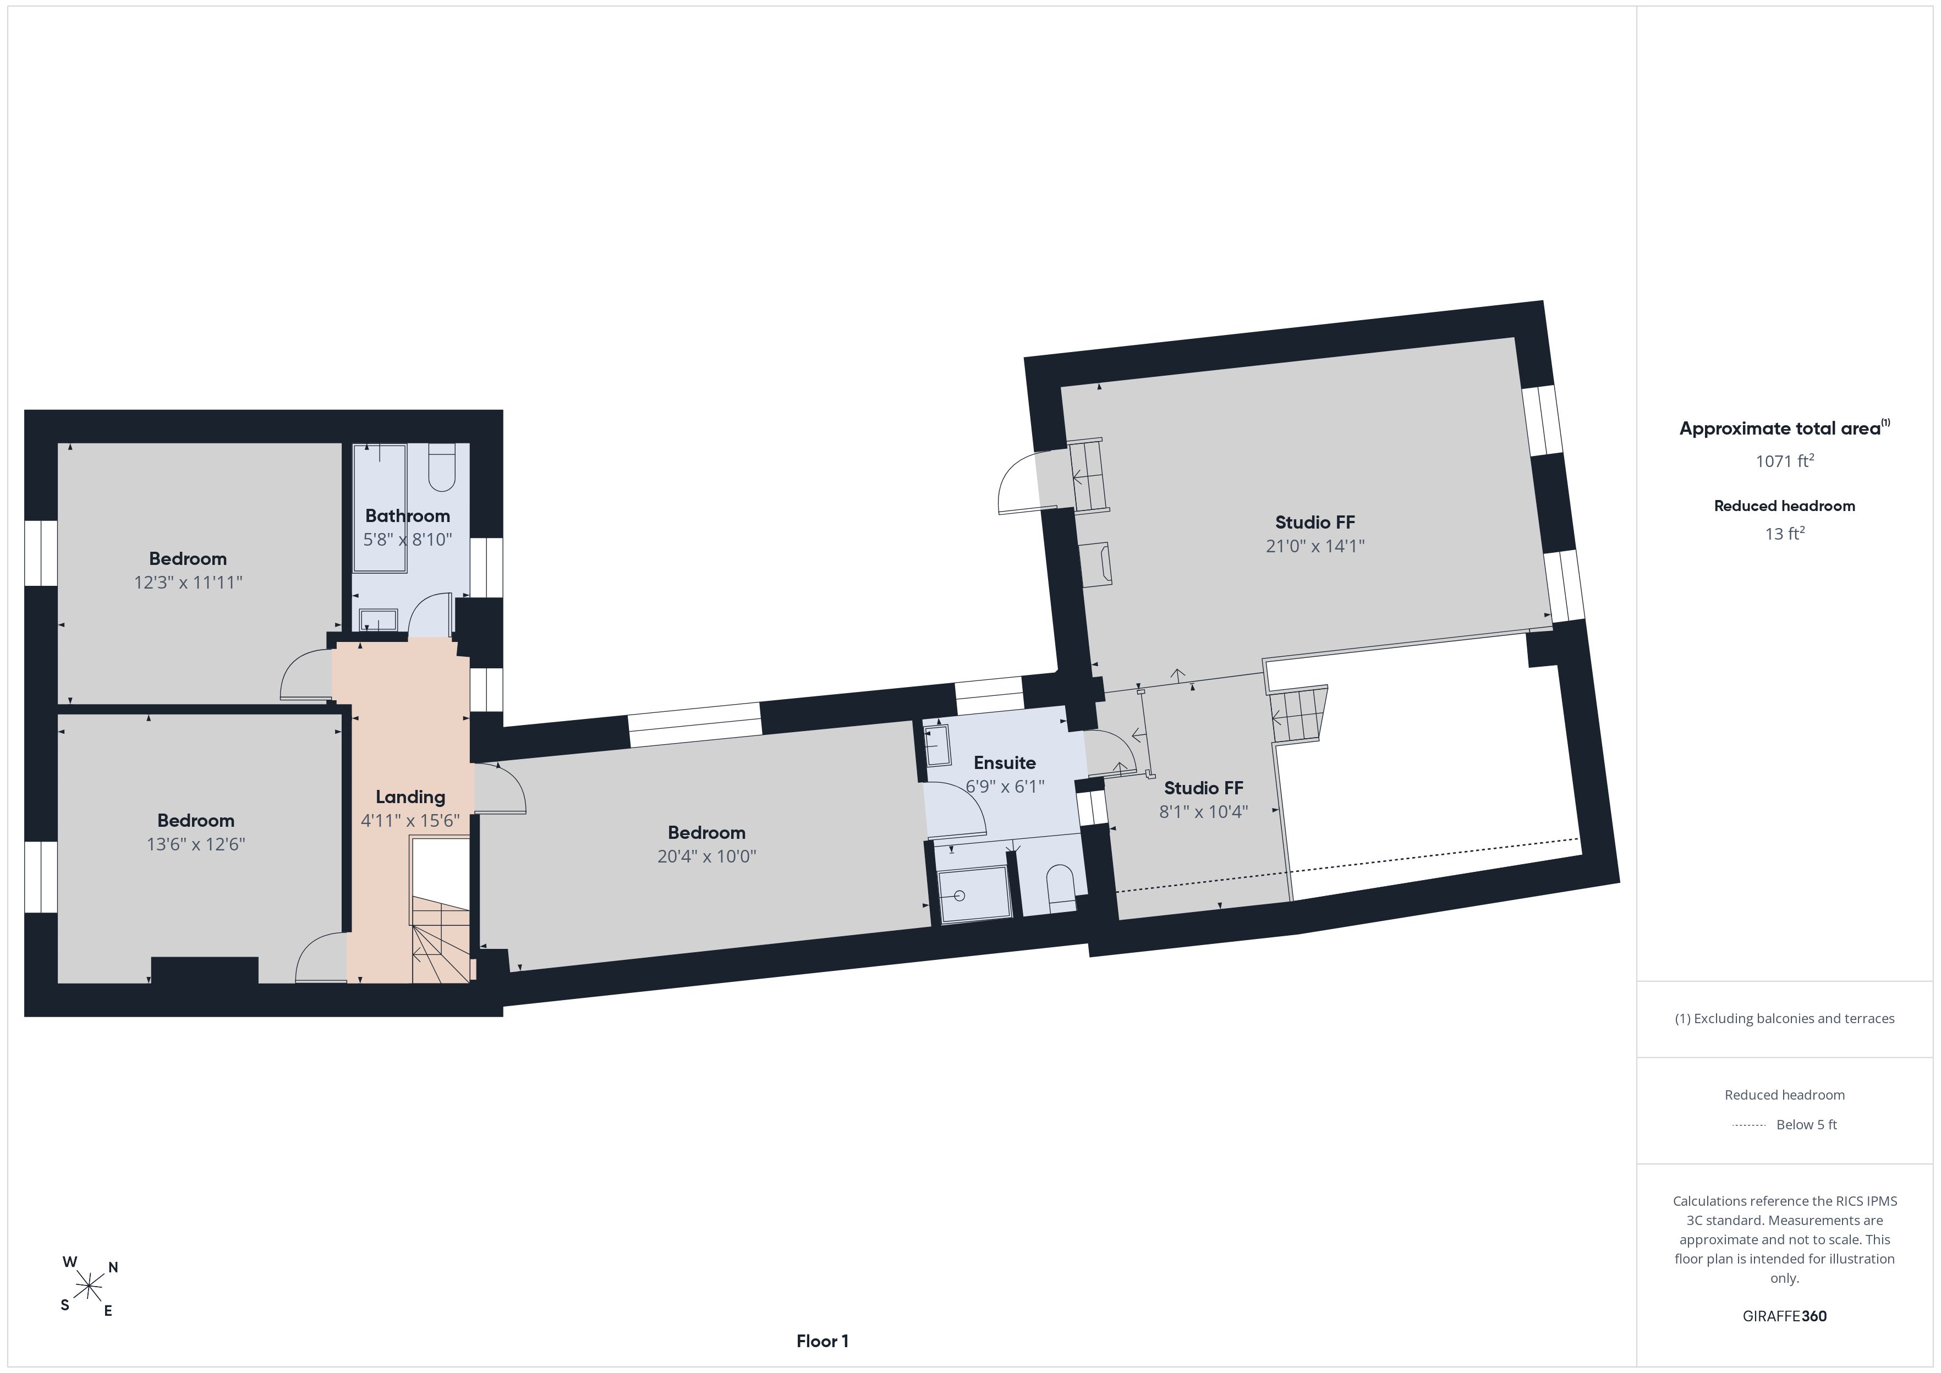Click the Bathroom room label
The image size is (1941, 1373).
click(408, 516)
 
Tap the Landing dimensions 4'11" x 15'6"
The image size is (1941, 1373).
click(410, 820)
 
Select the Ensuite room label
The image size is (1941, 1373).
click(1004, 762)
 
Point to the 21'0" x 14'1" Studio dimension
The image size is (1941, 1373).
click(1314, 546)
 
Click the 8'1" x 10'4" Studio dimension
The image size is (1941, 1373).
click(1203, 811)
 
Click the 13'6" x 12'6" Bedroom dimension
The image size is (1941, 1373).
click(196, 844)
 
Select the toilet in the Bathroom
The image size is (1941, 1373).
click(442, 468)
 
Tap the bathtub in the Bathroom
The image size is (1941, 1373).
click(380, 507)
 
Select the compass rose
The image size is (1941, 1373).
click(89, 1287)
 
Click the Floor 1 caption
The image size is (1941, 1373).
click(822, 1341)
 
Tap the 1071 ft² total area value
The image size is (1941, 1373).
click(1785, 461)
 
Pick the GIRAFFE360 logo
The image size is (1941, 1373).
click(1785, 1316)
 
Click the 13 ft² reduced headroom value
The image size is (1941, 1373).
click(1785, 534)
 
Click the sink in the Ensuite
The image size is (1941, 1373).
click(937, 745)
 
